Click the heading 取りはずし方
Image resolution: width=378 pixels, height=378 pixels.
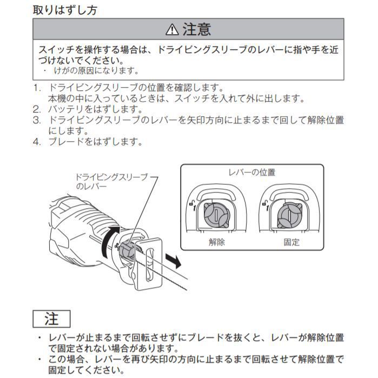tap(65, 9)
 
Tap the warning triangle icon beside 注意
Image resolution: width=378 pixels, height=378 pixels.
tap(172, 29)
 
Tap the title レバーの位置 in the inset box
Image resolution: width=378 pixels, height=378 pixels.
tap(252, 173)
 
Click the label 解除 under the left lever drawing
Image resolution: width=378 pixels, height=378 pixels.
tap(217, 242)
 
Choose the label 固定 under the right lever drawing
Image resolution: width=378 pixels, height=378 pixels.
tap(291, 242)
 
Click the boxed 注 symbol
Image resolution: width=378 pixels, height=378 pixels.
tap(51, 319)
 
